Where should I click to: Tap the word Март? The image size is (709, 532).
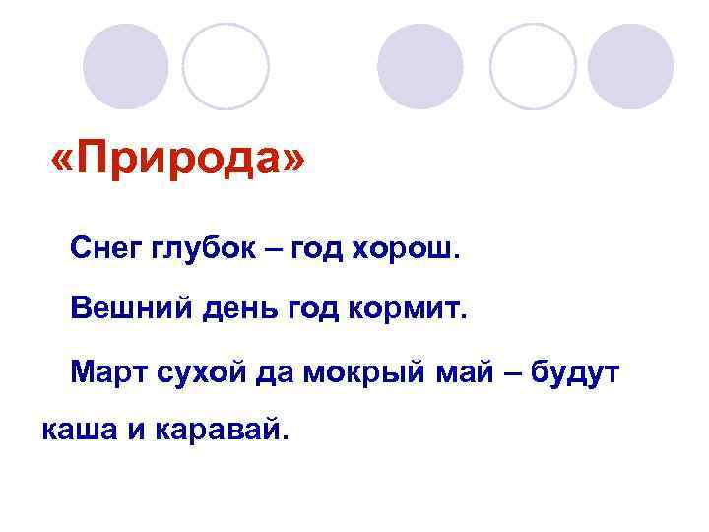pos(107,372)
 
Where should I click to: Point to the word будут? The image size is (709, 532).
pos(575,372)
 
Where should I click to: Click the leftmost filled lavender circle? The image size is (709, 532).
pos(125,66)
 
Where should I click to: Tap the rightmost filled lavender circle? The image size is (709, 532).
pos(630,66)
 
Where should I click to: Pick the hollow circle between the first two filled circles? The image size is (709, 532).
pos(226,66)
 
